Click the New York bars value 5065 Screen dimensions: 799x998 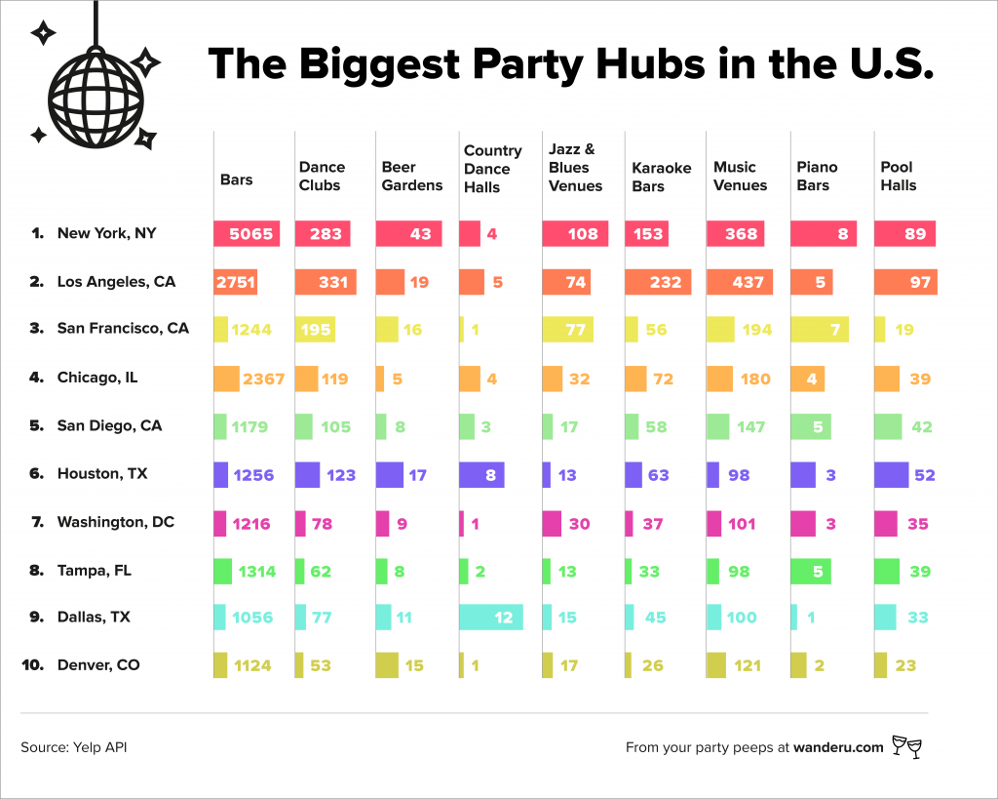tap(251, 234)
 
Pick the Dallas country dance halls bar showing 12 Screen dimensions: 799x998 tap(492, 618)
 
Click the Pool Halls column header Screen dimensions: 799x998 tap(899, 177)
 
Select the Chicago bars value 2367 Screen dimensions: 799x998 tap(258, 379)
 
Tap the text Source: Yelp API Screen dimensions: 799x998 tap(74, 748)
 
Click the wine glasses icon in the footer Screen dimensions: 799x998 tap(906, 747)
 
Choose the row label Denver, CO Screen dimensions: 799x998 tap(98, 665)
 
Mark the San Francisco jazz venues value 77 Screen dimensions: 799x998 tap(575, 330)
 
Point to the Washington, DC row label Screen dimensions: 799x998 tap(115, 522)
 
